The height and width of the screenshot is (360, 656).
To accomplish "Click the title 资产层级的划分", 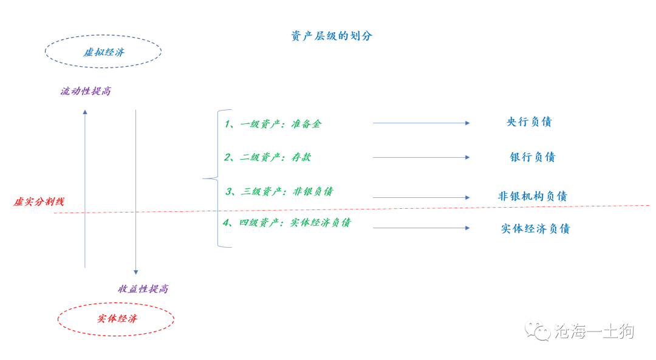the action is pos(332,36).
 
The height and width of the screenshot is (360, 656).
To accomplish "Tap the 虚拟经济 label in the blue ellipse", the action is pos(104,52).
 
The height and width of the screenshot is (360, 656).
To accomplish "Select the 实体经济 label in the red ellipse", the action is pos(117,319).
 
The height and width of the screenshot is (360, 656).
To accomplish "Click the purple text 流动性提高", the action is pos(86,91).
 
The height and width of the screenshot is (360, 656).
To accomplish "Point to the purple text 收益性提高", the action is pos(143,289).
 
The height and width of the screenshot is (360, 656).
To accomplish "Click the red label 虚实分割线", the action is pos(38,202).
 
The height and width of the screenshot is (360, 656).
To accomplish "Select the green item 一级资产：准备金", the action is pos(273,124).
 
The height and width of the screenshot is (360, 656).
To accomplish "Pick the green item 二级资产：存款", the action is pos(268,157).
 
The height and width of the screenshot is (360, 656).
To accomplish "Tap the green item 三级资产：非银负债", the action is pos(279,191).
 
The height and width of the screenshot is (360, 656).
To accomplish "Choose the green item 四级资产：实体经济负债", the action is pos(287,222).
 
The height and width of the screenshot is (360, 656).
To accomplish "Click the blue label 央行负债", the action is pos(529,121).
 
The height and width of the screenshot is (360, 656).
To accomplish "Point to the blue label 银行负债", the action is pos(533,157).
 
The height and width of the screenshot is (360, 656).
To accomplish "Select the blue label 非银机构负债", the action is pos(533,196).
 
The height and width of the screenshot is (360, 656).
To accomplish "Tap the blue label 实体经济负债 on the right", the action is pos(536,229).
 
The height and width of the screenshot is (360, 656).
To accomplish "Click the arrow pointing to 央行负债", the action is pos(422,123).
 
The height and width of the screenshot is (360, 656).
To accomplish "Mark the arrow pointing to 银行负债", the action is pos(422,158).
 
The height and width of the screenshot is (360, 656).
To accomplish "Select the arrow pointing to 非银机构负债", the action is pos(422,197).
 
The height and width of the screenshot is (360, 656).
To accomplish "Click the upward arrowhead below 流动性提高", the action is pos(85,112).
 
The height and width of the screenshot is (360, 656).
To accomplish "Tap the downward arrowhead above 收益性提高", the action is pos(135,272).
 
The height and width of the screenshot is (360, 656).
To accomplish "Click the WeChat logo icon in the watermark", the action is pos(538,330).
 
